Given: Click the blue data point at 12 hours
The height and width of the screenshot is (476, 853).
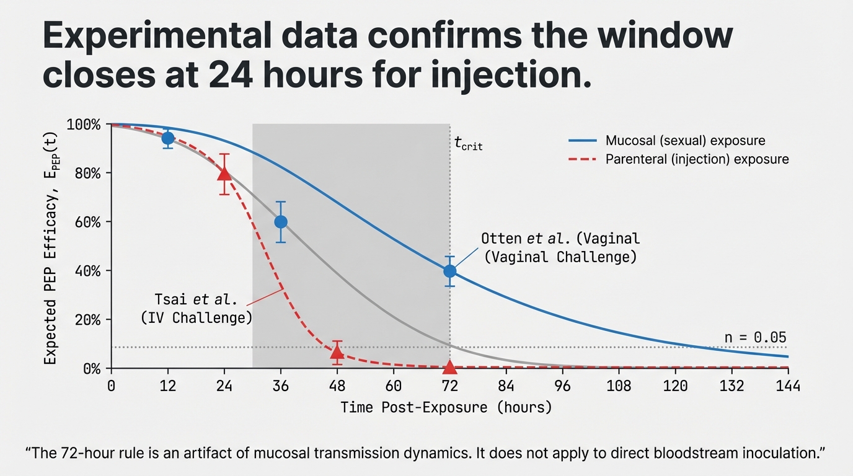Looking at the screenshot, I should tap(168, 138).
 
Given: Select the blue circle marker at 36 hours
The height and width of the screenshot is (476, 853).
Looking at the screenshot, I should tap(281, 222).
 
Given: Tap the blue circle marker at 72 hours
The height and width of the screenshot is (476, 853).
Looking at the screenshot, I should tap(450, 271).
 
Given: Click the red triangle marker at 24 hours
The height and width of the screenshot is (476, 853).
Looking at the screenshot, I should tap(224, 174).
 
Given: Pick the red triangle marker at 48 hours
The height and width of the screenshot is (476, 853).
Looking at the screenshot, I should tap(337, 353).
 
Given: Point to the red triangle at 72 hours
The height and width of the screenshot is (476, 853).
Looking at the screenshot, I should tap(450, 367).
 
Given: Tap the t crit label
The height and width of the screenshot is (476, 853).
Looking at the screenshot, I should tap(468, 145).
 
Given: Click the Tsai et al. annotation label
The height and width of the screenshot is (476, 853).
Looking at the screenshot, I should tap(196, 309).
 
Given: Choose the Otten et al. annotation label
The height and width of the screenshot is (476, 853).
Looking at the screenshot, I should tap(560, 247).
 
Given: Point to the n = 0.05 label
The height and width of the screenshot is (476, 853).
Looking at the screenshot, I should tap(755, 338).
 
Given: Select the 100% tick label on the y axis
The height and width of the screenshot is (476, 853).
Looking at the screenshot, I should tap(83, 125).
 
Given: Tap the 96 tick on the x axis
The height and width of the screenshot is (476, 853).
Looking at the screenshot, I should tap(563, 386).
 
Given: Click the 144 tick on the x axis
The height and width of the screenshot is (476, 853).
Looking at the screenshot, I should tap(788, 386).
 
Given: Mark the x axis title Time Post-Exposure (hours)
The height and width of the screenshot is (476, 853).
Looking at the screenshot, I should tap(445, 408).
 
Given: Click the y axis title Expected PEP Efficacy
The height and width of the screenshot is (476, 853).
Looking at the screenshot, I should tap(50, 245).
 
